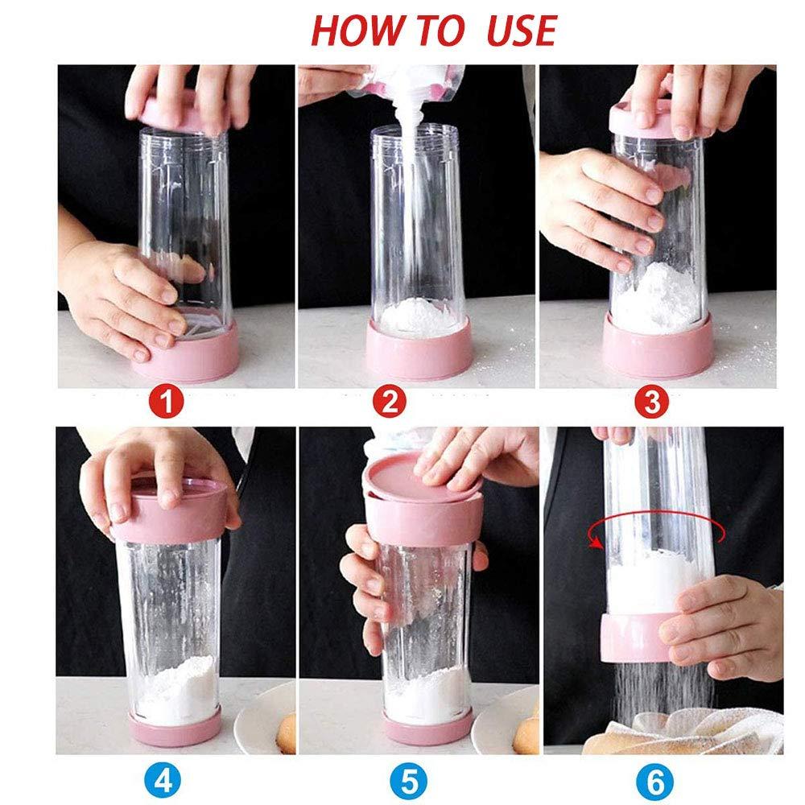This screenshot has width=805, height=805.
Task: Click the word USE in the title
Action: tap(522, 31)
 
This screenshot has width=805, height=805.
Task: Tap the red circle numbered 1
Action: tap(167, 402)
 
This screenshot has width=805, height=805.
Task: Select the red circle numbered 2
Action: tap(390, 402)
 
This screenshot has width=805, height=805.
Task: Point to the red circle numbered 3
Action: tap(652, 402)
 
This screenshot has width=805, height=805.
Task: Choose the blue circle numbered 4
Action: tap(163, 782)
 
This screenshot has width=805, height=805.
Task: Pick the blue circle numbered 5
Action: tap(409, 782)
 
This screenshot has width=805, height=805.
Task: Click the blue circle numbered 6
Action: tap(655, 782)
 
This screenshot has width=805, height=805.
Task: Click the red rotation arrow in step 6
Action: tap(657, 513)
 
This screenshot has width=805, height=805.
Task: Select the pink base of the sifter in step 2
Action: tap(419, 350)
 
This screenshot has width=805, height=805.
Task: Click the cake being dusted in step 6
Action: tap(683, 732)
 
